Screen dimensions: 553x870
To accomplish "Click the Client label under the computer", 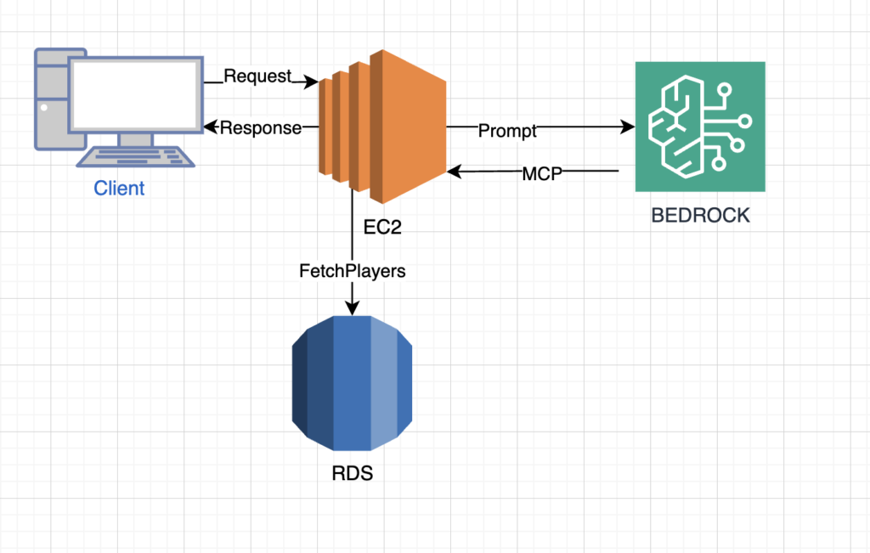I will [119, 189].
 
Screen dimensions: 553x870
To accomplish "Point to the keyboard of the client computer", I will [137, 156].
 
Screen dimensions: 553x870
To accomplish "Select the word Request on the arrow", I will [257, 76].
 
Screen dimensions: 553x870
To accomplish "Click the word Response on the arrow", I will [261, 128].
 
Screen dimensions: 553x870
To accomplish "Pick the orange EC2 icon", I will [382, 127].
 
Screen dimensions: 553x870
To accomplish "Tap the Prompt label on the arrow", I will [507, 131].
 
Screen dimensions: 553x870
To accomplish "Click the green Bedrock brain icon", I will [700, 127].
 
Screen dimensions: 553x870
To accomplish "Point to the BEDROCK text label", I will [700, 215].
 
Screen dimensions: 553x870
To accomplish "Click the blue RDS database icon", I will [352, 383].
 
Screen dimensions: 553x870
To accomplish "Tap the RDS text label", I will [352, 473].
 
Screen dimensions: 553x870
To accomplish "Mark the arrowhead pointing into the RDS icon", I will [352, 308].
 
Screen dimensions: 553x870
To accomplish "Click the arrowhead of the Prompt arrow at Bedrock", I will [629, 127].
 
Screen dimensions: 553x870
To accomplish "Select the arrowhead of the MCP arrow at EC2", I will [454, 172].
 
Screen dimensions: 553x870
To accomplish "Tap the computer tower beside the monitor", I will [50, 98].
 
